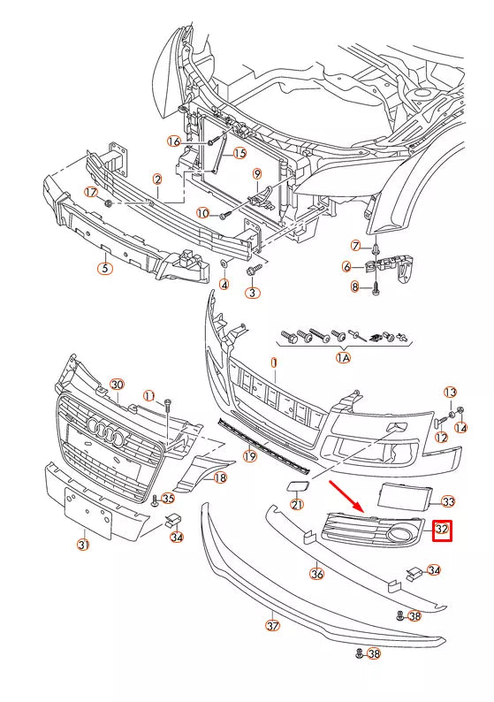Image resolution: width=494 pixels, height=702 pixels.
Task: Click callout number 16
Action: [173, 141]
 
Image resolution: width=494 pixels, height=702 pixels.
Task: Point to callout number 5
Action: [105, 267]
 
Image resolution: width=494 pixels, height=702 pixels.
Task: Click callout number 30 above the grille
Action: [116, 384]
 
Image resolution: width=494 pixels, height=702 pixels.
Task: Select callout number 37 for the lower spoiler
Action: [272, 626]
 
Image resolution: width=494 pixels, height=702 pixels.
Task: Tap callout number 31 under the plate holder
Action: [83, 545]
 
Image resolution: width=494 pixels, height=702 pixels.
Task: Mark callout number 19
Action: [250, 457]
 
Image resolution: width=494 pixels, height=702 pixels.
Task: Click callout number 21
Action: [297, 505]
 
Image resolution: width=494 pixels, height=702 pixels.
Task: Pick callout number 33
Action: [448, 501]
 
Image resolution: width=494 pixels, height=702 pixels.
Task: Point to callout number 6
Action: [348, 266]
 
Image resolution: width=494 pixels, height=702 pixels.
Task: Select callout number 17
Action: [91, 192]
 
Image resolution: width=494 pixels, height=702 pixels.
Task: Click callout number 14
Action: [460, 428]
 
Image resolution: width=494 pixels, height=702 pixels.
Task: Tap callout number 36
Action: [316, 573]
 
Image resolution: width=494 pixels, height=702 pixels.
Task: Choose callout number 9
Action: [257, 173]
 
